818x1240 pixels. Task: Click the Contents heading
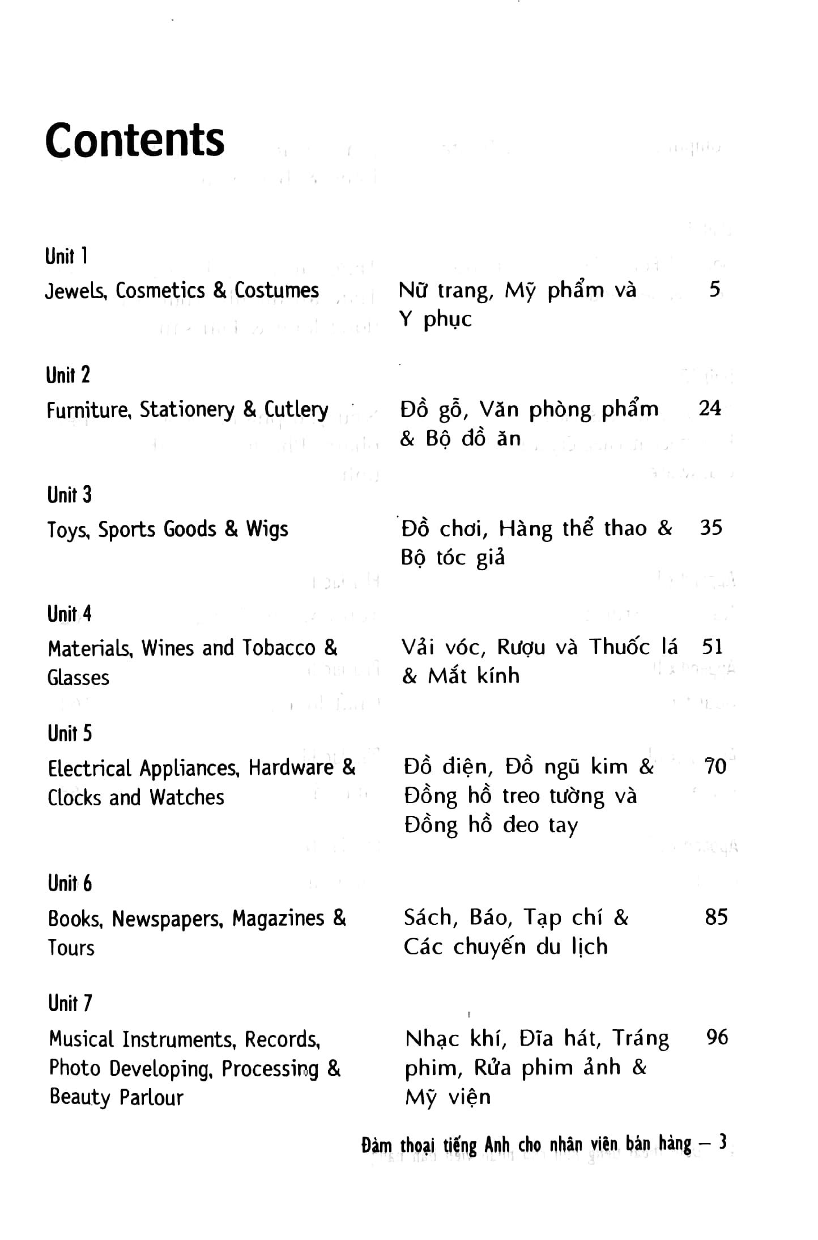(135, 140)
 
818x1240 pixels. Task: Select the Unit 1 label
(66, 256)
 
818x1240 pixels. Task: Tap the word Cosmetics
(160, 290)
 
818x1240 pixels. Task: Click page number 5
(715, 290)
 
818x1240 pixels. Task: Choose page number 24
(710, 408)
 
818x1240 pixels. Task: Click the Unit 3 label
(69, 495)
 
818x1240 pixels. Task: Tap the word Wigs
(267, 529)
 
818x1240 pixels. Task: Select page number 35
(711, 528)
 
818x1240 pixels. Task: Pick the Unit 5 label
(70, 733)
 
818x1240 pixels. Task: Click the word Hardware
(291, 768)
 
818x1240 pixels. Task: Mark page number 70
(715, 766)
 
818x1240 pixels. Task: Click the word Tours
(71, 948)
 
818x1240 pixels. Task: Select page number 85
(716, 917)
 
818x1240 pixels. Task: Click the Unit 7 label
(70, 1003)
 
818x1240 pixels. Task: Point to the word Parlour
(151, 1097)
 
